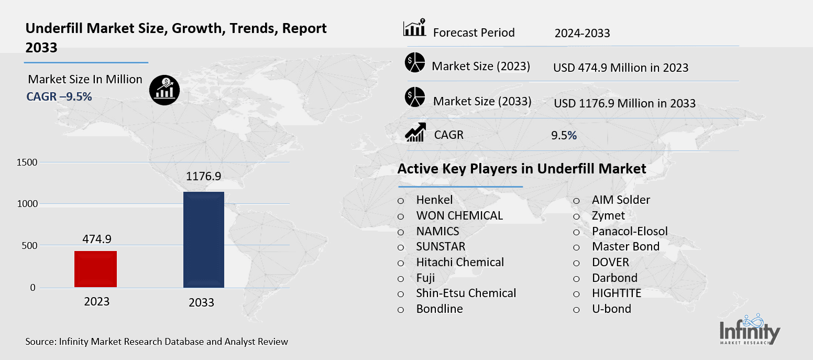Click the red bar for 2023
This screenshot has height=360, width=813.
coord(95,269)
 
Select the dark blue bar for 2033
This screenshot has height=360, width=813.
coord(203,239)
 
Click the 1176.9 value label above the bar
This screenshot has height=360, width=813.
coord(204,177)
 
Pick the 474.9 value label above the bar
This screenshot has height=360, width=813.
coord(97,239)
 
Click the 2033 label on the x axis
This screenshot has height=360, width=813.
coord(202,303)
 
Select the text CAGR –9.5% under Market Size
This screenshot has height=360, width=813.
coord(59,96)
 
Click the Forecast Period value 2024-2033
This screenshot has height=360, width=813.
coord(582,34)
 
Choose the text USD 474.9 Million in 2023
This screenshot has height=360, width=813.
coord(620,68)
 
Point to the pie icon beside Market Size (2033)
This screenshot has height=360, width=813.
coord(414,99)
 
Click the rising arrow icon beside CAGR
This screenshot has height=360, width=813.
coord(415,133)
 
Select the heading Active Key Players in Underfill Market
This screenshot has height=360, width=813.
coord(521,169)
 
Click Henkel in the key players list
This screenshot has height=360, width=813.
coord(434,200)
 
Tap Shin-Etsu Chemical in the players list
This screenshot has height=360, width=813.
coord(466,293)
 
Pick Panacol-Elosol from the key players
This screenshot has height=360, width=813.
coord(630,231)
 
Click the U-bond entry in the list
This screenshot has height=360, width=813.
coord(611,309)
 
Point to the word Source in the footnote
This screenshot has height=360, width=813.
coord(40,342)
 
